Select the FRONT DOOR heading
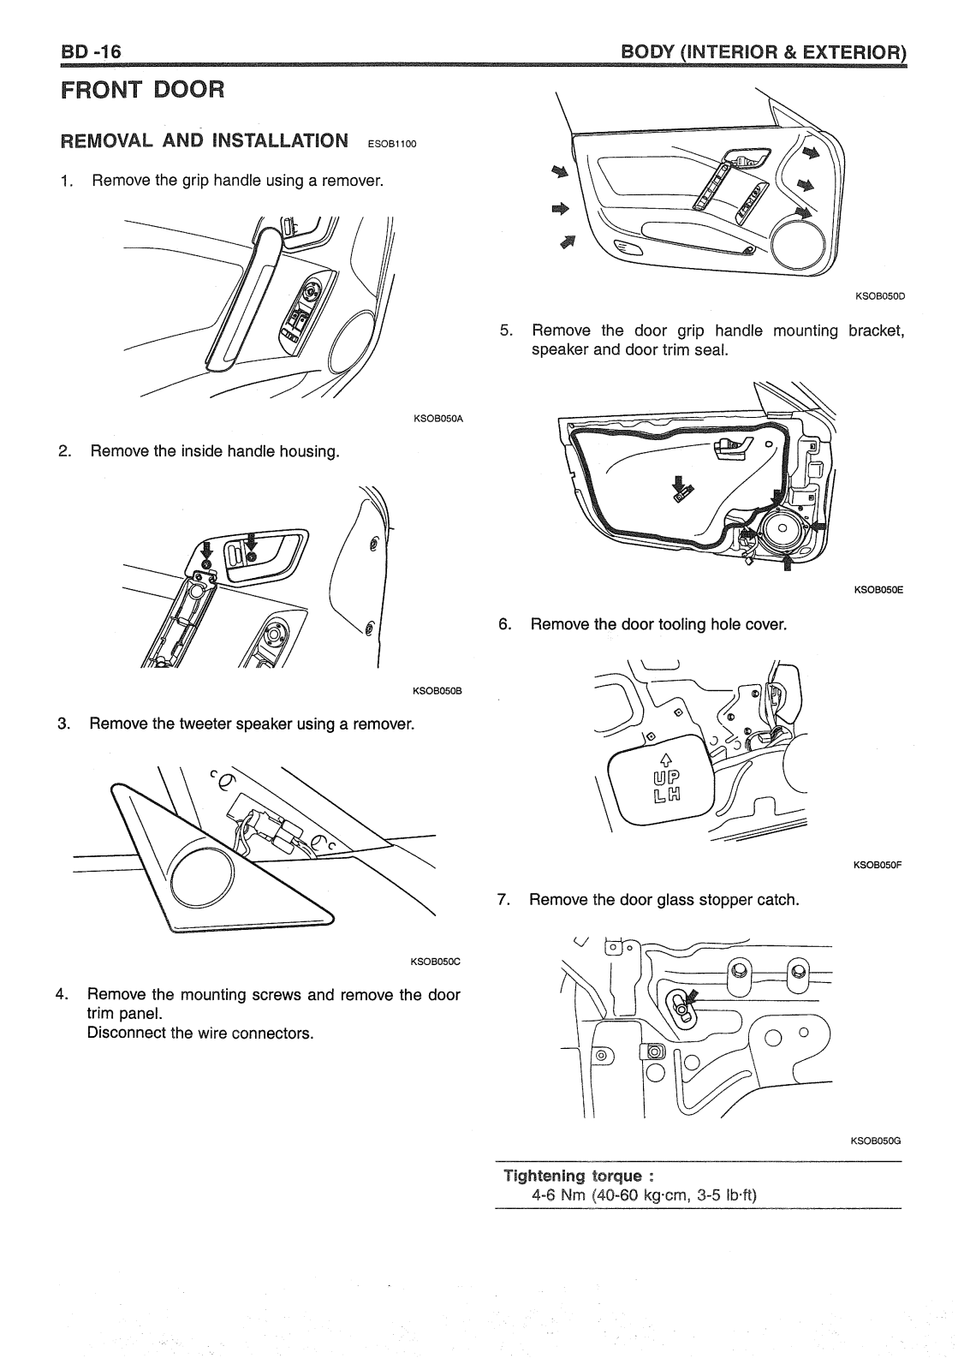point(143,89)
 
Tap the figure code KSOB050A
point(437,419)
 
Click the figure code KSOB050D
point(880,296)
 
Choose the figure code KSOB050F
point(878,865)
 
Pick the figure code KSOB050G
point(877,1141)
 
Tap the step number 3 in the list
point(63,724)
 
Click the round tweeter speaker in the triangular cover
point(201,881)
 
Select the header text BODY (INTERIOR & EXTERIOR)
point(764,53)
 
